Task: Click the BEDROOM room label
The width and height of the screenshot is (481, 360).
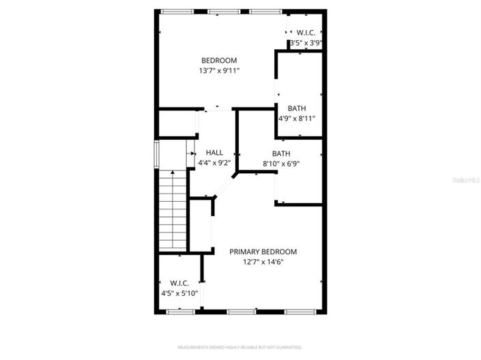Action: tap(218, 61)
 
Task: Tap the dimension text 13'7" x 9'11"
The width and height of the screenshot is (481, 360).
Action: tap(218, 70)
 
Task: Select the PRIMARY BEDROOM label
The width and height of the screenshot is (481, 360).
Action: tap(263, 252)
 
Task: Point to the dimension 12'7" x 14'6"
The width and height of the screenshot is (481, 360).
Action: tap(263, 261)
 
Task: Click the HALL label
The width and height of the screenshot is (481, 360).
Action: tap(214, 153)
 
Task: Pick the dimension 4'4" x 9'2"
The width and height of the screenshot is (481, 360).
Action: tap(214, 163)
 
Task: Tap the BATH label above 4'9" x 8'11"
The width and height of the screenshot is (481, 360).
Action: tap(296, 108)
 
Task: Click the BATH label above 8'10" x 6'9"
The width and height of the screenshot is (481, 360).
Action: tap(281, 153)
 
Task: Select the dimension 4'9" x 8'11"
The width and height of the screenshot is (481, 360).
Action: tap(296, 118)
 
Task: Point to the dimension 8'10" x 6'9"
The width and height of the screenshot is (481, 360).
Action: tap(281, 163)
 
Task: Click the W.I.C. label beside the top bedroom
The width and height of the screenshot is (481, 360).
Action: tap(304, 32)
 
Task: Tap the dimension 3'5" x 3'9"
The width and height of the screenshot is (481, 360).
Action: tap(305, 42)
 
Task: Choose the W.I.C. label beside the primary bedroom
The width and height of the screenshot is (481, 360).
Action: tap(179, 283)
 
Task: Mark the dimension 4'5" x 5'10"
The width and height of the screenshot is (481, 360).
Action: tap(179, 293)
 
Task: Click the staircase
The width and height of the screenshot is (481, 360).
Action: tap(173, 211)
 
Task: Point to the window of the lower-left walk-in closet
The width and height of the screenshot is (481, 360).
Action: tap(179, 312)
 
